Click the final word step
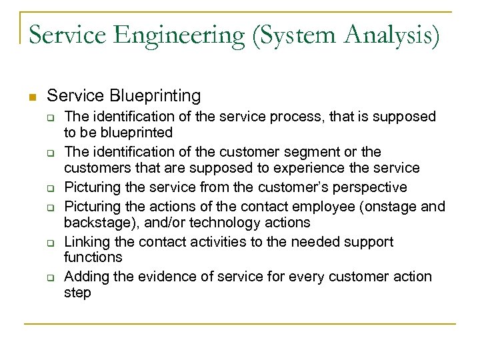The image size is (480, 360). (77, 292)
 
